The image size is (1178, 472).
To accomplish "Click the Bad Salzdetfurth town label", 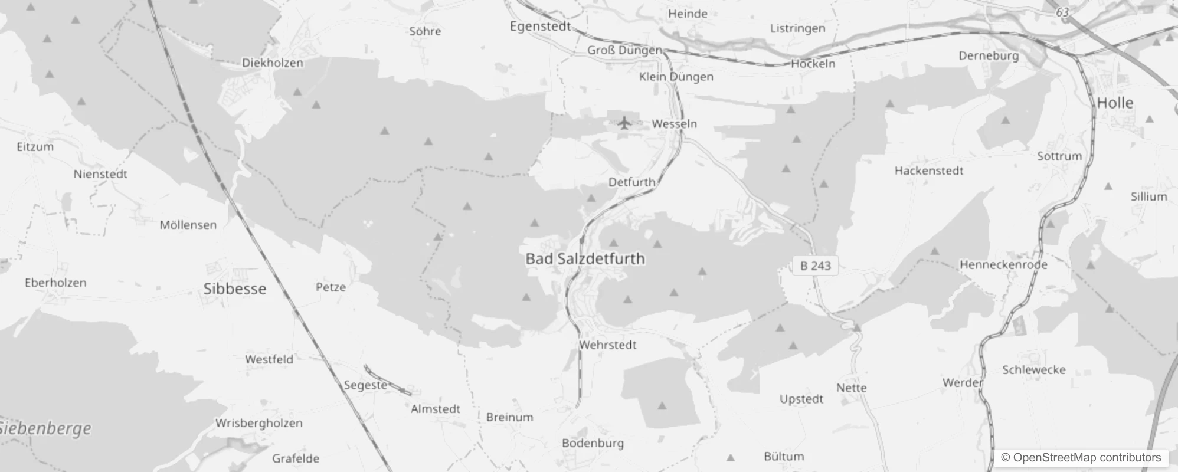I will coord(585,258).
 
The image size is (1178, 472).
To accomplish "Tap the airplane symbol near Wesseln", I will coord(624,123).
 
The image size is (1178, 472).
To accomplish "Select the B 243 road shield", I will coord(815,266).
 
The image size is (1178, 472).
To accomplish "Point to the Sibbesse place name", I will coord(234,289).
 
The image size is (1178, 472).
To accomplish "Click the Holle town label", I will coord(1115,103).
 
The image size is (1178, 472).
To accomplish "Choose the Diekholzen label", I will coord(273,63).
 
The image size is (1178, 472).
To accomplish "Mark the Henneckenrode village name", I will coord(1003,264).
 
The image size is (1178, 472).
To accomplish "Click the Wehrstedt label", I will coord(607,345).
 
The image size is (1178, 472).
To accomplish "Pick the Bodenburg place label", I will coord(593,443).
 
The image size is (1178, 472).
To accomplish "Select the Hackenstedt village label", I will coord(928,171).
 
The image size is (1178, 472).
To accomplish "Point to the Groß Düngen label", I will coord(624,50).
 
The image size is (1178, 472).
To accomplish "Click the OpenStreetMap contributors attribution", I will coord(1081,457).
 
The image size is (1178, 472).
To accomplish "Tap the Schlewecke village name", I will coord(1033,370).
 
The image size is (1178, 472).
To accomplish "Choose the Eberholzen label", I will coord(55,283).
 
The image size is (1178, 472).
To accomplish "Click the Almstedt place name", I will coord(435,409).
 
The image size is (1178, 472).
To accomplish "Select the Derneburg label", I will coord(989,55).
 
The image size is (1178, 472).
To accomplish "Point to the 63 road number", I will coord(1062,12).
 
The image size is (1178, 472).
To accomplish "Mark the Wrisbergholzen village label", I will coord(258,423).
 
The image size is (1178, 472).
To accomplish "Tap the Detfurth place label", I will coord(631,182).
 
